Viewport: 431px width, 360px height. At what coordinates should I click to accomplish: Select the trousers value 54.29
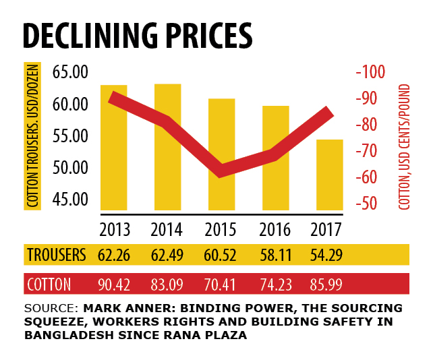(327, 255)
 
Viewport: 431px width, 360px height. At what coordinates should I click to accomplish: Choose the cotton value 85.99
(327, 284)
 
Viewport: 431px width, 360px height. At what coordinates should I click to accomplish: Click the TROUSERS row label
(57, 255)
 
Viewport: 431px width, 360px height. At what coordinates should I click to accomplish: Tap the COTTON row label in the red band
(49, 284)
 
